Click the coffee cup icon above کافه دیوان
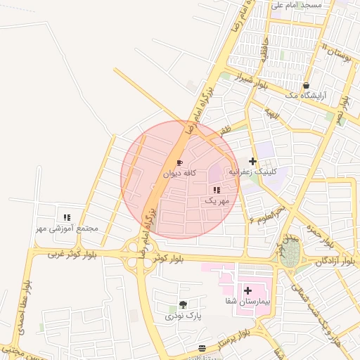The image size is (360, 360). [x=179, y=162]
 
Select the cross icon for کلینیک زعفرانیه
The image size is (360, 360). [x=252, y=162]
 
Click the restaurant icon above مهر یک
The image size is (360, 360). [x=217, y=190]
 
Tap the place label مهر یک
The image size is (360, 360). [x=217, y=200]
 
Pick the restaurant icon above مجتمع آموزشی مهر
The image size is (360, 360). [x=67, y=218]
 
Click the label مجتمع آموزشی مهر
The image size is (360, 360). [x=68, y=229]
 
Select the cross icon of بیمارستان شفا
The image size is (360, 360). [x=247, y=290]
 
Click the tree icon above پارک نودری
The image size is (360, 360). [x=183, y=304]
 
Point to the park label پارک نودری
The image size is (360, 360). [x=184, y=316]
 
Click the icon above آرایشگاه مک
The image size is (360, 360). [x=306, y=85]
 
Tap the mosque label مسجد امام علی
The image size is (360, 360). [x=296, y=5]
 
